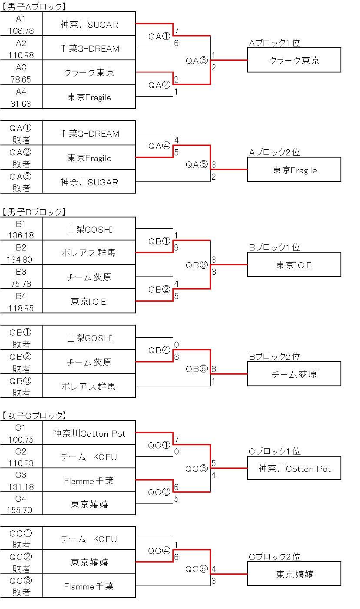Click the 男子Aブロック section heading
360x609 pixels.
tap(34, 7)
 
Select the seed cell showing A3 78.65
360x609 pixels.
tap(21, 72)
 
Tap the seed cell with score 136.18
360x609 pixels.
tap(21, 229)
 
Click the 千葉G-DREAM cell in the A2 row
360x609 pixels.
tap(89, 48)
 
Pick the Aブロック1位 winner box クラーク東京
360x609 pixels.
tap(294, 60)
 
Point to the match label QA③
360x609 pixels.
tap(197, 60)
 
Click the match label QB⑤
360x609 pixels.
tap(197, 369)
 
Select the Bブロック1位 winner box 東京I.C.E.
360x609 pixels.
tap(294, 264)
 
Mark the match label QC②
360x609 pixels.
tap(159, 492)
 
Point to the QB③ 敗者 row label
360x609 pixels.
tap(21, 386)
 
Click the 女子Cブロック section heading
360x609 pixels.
tap(34, 415)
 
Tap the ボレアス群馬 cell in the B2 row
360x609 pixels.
tap(89, 252)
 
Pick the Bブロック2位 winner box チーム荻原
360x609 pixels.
tap(294, 374)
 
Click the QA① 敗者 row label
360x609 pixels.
tap(21, 133)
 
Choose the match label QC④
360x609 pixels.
tap(159, 550)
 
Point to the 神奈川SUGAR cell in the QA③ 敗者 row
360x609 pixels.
tap(89, 181)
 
